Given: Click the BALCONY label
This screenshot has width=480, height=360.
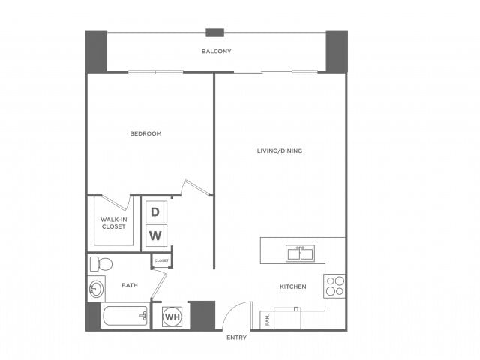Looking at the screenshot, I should [x=216, y=52].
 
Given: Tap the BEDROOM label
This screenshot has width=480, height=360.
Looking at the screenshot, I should [x=145, y=133].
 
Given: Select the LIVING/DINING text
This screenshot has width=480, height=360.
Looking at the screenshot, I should [x=280, y=151].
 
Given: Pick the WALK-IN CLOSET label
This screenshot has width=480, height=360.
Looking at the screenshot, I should [x=113, y=223].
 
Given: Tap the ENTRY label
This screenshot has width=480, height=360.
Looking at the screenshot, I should [x=236, y=337].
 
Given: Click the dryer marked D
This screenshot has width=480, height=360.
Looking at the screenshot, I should [x=155, y=211].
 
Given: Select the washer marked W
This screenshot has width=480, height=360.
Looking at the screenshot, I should [x=155, y=236].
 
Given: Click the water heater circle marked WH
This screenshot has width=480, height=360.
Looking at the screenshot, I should [x=172, y=316].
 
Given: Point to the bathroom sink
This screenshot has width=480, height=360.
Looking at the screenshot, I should [x=95, y=289].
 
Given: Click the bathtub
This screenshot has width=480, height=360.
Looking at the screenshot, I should [x=125, y=316].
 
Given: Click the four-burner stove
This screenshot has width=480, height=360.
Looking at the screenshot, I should [x=334, y=286].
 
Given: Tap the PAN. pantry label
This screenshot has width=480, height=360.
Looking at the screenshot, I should [x=267, y=319].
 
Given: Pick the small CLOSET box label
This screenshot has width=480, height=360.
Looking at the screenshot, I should [x=161, y=260].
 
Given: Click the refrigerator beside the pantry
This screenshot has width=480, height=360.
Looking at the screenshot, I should [x=286, y=318].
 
